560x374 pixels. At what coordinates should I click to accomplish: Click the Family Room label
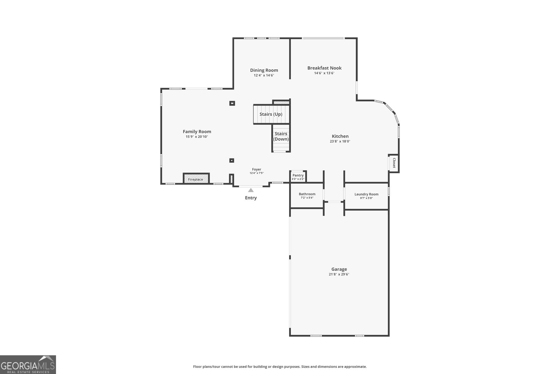(x=197, y=131)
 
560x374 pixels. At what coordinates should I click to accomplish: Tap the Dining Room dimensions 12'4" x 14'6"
(x=264, y=75)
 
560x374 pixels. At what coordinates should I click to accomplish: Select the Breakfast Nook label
(x=324, y=68)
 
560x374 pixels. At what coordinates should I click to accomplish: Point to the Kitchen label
(x=340, y=136)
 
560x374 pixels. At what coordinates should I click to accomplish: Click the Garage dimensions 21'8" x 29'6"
(x=339, y=274)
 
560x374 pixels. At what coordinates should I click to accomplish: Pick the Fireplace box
(x=196, y=178)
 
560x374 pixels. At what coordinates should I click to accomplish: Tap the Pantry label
(x=298, y=175)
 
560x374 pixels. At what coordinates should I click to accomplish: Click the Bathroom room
(x=307, y=196)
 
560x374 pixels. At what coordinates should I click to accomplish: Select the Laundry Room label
(x=366, y=194)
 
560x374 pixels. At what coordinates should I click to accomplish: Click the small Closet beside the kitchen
(x=394, y=163)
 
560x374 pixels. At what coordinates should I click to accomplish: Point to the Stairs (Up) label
(x=271, y=114)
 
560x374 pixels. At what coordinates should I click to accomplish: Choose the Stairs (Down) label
(x=281, y=136)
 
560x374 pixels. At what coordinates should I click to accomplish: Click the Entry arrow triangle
(x=251, y=190)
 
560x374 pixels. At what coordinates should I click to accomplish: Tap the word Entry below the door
(x=251, y=198)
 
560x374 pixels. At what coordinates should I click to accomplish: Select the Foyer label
(x=257, y=170)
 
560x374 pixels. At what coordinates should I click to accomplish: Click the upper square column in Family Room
(x=232, y=103)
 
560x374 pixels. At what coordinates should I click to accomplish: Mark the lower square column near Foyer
(x=232, y=161)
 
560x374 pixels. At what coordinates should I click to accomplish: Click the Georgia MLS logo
(x=28, y=365)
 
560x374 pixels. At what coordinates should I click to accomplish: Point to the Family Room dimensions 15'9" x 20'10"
(x=197, y=137)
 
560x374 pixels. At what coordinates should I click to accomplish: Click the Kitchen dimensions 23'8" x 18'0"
(x=340, y=142)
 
